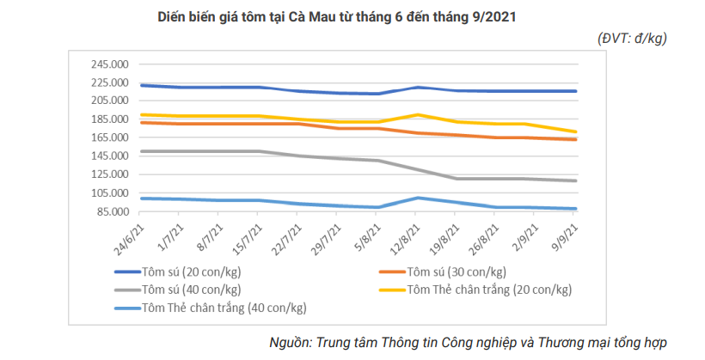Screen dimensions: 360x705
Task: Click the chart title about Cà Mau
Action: tap(336, 17)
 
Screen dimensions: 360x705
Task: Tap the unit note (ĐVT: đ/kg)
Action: tap(632, 38)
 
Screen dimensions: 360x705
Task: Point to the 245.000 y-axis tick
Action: tap(109, 64)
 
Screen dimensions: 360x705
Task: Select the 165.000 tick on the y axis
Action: tap(109, 137)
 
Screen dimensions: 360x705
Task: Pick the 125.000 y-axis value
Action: tap(109, 174)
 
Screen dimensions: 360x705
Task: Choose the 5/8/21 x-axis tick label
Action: tap(368, 236)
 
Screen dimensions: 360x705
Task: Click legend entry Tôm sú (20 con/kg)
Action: tap(190, 272)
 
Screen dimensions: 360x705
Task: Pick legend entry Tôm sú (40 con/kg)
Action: tap(190, 289)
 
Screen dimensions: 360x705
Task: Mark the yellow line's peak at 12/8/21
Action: tap(417, 114)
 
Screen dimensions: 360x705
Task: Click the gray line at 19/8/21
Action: tap(457, 179)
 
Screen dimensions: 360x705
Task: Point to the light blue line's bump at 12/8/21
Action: tap(417, 198)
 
